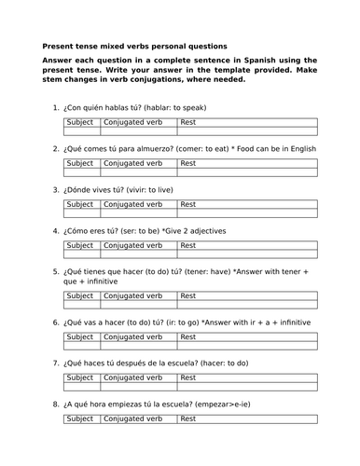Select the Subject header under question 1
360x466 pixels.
[80, 122]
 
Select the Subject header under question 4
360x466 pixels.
[80, 245]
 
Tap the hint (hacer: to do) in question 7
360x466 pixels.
[240, 363]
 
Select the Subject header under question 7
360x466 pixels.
[80, 377]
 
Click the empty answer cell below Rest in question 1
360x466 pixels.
[246, 131]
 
